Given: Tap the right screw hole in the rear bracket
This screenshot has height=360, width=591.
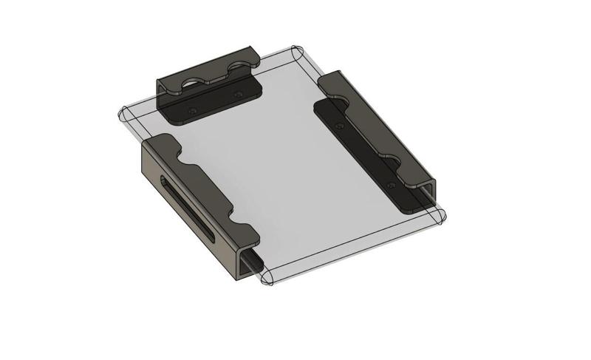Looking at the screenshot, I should [237, 94].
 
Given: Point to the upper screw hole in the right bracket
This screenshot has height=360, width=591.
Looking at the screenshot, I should [339, 126].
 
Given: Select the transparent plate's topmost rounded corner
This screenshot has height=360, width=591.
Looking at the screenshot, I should [295, 53].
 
